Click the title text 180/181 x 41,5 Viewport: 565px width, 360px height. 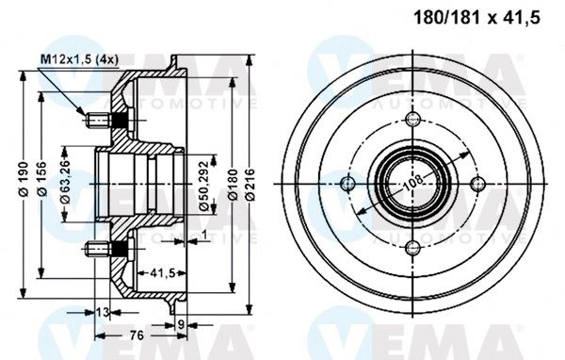click(476, 17)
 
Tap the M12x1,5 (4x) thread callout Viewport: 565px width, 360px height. click(79, 59)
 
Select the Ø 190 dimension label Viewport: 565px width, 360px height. click(24, 179)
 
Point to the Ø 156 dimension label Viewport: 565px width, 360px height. click(42, 179)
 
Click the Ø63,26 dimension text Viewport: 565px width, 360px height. click(65, 182)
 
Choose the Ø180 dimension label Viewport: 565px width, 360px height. click(234, 185)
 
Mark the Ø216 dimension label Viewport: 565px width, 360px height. click(250, 185)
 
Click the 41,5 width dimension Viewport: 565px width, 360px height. click(162, 273)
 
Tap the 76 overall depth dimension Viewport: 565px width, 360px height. click(137, 335)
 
